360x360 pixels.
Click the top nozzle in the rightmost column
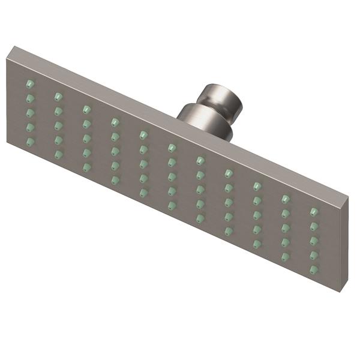pyautogui.click(x=313, y=212)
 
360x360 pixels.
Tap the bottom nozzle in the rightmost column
pyautogui.click(x=313, y=270)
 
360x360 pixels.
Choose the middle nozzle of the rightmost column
pyautogui.click(x=313, y=241)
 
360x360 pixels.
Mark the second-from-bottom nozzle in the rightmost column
pyautogui.click(x=313, y=256)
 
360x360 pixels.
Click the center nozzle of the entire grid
pyautogui.click(x=172, y=176)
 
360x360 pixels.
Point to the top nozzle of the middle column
pyautogui.click(x=172, y=147)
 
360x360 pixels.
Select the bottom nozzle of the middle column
pyautogui.click(x=172, y=206)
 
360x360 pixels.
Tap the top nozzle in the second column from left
pyautogui.click(x=58, y=95)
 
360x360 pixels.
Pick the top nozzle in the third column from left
pyautogui.click(x=86, y=109)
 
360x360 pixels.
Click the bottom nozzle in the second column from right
pyautogui.click(x=285, y=257)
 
